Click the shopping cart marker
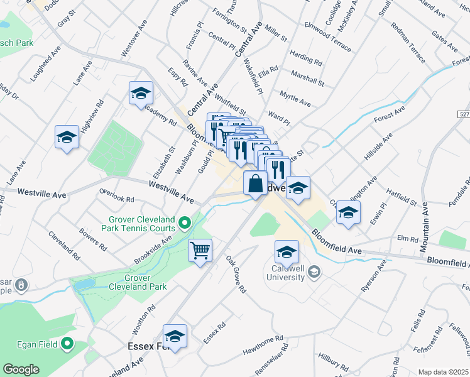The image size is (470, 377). (200, 251)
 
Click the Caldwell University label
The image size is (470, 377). (285, 273)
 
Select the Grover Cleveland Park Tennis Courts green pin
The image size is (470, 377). (185, 222)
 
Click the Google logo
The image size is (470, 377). (21, 369)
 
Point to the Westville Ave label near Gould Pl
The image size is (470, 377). (171, 190)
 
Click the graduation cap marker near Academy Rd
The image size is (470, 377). (141, 94)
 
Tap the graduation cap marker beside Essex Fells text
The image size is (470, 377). (175, 336)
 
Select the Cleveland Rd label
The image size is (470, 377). (63, 245)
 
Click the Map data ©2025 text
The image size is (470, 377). (443, 372)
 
